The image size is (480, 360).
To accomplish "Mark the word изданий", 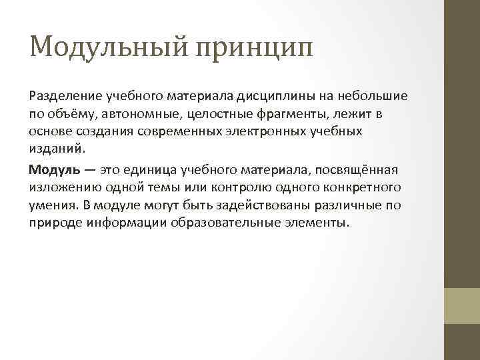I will (x=56, y=147).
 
